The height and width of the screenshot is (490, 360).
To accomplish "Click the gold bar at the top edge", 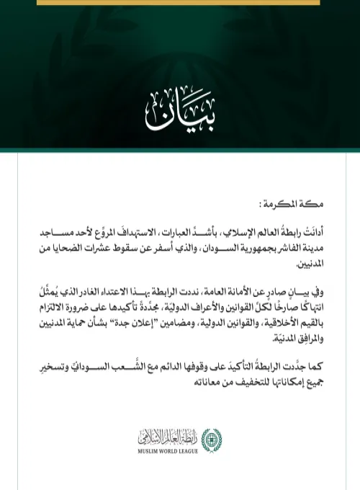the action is (180, 2).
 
